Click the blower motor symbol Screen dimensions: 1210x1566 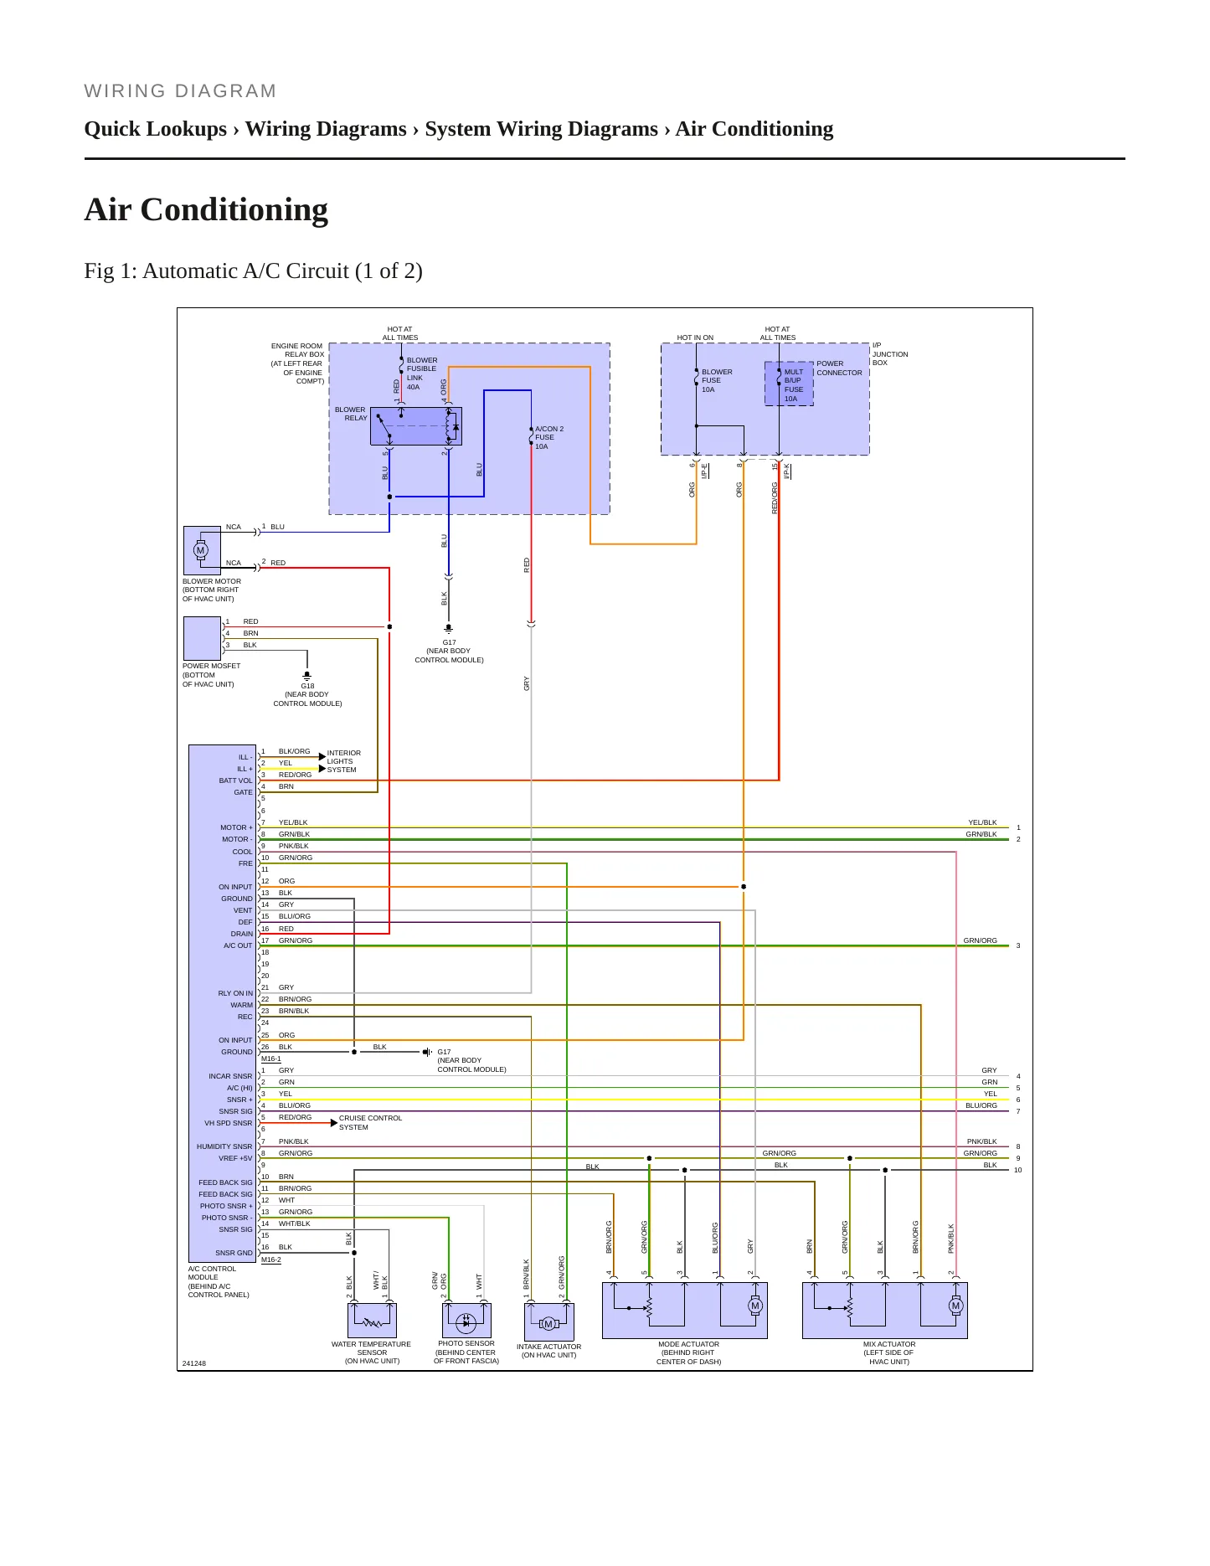pos(202,550)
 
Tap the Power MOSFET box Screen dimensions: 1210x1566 pos(202,638)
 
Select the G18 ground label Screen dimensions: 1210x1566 pos(307,686)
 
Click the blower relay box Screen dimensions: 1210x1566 pos(416,426)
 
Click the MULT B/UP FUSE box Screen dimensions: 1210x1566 pos(789,384)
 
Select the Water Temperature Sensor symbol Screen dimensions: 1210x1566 pos(372,1321)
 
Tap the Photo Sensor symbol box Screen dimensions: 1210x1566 pos(466,1321)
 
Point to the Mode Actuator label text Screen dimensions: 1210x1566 pos(688,1352)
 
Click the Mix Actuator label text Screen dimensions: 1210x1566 pos(889,1352)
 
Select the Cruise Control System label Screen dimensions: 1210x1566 pos(370,1122)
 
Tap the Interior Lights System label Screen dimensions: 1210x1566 pos(343,761)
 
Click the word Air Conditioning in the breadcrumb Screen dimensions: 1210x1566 pos(754,129)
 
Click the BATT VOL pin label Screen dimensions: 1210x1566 pos(235,780)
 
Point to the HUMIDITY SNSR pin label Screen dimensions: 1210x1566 pos(224,1146)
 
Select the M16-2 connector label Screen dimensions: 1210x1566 pos(271,1259)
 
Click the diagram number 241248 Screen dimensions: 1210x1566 pos(194,1363)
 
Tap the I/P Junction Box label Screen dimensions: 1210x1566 pos(890,354)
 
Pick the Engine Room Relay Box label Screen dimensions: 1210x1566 pos(297,363)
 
